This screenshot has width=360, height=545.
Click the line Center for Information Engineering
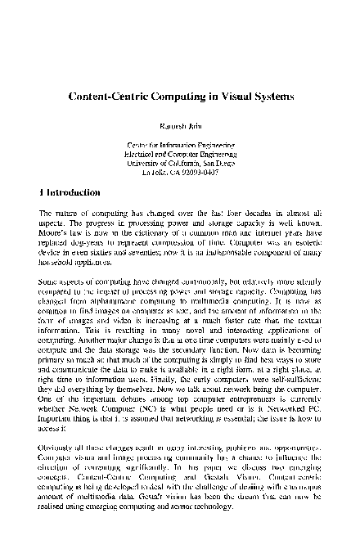coord(179,145)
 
